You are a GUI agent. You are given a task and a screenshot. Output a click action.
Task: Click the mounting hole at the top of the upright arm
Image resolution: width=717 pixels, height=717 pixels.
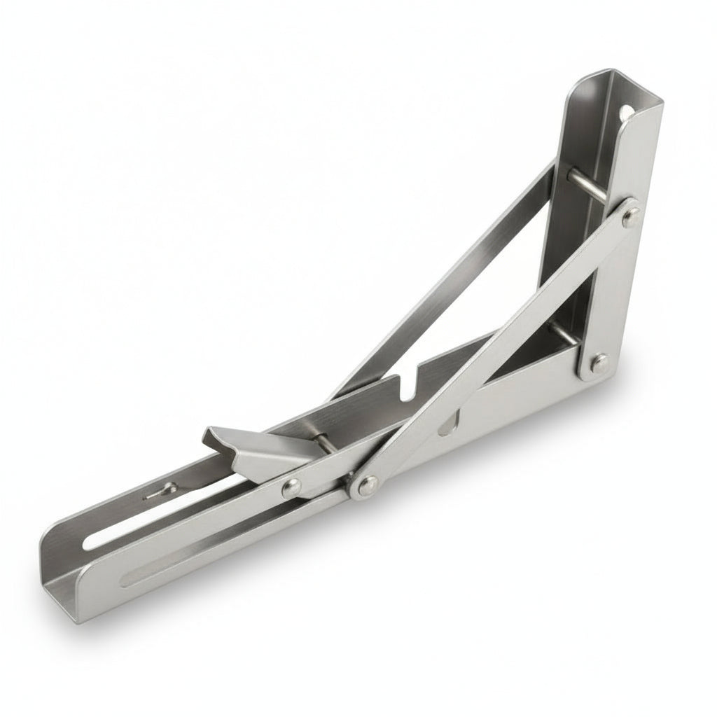pos(625,111)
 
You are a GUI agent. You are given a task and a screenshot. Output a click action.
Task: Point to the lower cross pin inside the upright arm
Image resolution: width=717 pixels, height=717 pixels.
pos(564,334)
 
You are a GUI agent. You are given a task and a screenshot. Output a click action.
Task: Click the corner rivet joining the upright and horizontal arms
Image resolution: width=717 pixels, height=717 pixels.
pos(599,363)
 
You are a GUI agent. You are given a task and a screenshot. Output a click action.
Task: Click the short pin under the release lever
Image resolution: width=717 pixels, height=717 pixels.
pos(323,443)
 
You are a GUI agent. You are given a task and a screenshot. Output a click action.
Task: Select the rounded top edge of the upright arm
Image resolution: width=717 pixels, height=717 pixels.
pos(602,76)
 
